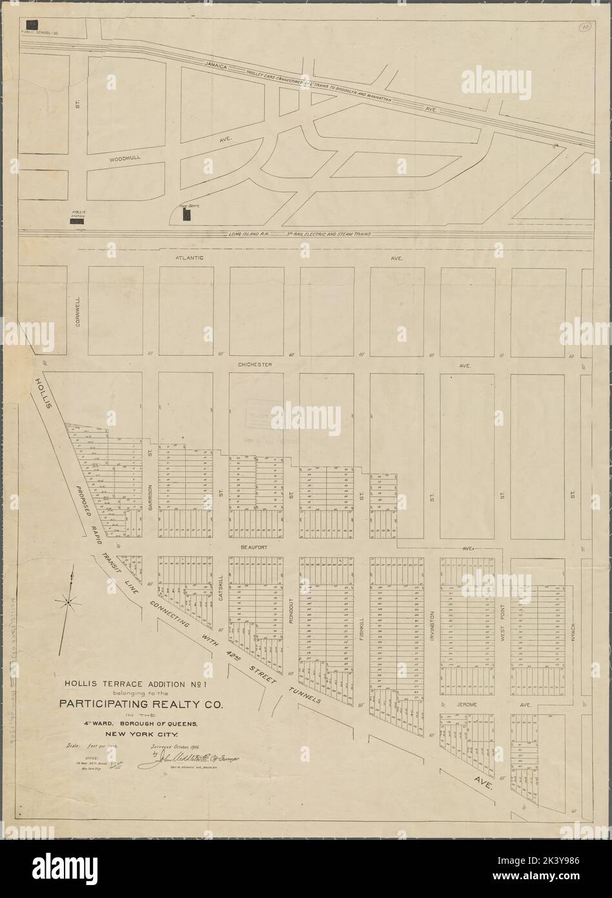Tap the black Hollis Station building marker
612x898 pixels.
[77, 220]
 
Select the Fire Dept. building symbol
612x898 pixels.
[187, 214]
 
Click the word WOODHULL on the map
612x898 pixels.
[125, 157]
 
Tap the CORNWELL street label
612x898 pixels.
[77, 312]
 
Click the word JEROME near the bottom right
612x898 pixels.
[465, 705]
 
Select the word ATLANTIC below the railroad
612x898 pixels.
[190, 258]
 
